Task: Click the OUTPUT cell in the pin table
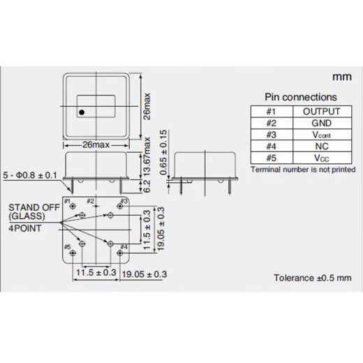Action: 321,111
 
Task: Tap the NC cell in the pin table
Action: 321,147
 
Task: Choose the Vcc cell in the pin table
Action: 321,159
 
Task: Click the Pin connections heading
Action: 300,97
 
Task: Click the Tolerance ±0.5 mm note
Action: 312,278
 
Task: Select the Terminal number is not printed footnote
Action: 302,170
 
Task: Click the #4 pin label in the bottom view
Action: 124,246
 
